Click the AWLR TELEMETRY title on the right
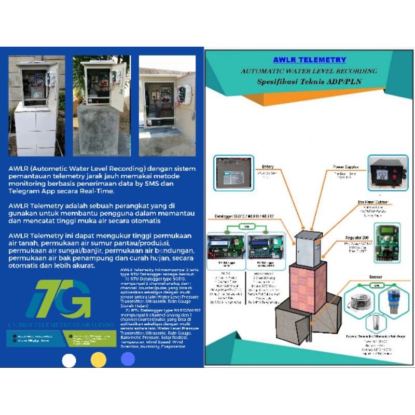click(x=309, y=60)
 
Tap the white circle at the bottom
click(x=69, y=360)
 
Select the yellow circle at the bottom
click(x=98, y=360)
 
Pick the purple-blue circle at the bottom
click(x=128, y=359)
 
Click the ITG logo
click(x=58, y=299)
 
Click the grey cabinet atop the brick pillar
click(x=308, y=246)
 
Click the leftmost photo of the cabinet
click(x=37, y=106)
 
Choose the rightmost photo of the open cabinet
click(x=167, y=106)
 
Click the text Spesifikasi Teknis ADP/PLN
click(x=310, y=82)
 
